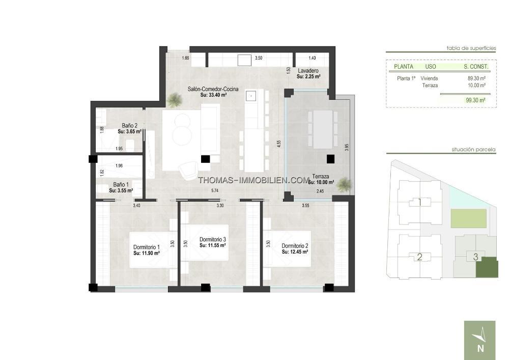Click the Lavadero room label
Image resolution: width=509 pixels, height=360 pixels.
[x=308, y=71]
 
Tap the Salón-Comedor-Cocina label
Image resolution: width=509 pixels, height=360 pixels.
[x=213, y=89]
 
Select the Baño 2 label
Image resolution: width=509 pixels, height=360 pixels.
[x=129, y=126]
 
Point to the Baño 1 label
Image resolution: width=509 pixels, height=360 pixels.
[x=121, y=185]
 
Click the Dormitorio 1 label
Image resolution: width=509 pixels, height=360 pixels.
[x=147, y=247]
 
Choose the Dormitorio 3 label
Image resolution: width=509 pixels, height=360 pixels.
[x=213, y=239]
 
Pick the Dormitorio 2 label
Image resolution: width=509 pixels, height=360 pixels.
[x=295, y=246]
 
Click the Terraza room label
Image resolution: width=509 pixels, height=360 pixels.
[x=321, y=177]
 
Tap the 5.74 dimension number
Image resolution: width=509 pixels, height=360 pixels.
[x=215, y=190]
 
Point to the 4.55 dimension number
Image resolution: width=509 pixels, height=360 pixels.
[x=279, y=144]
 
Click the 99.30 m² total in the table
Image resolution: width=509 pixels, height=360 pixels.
[x=475, y=100]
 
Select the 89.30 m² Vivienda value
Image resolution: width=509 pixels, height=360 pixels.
[x=476, y=78]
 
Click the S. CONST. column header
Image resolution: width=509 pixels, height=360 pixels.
[x=476, y=67]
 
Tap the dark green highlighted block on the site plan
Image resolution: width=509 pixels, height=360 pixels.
[x=487, y=267]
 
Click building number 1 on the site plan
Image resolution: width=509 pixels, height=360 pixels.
[x=419, y=202]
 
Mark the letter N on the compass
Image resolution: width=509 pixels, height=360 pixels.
[x=481, y=348]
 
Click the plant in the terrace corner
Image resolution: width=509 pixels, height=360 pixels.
[x=344, y=184]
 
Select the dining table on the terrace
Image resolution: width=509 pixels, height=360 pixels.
[x=323, y=129]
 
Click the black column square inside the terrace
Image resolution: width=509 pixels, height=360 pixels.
[x=330, y=159]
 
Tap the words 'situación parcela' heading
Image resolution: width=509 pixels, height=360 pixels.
[x=473, y=150]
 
